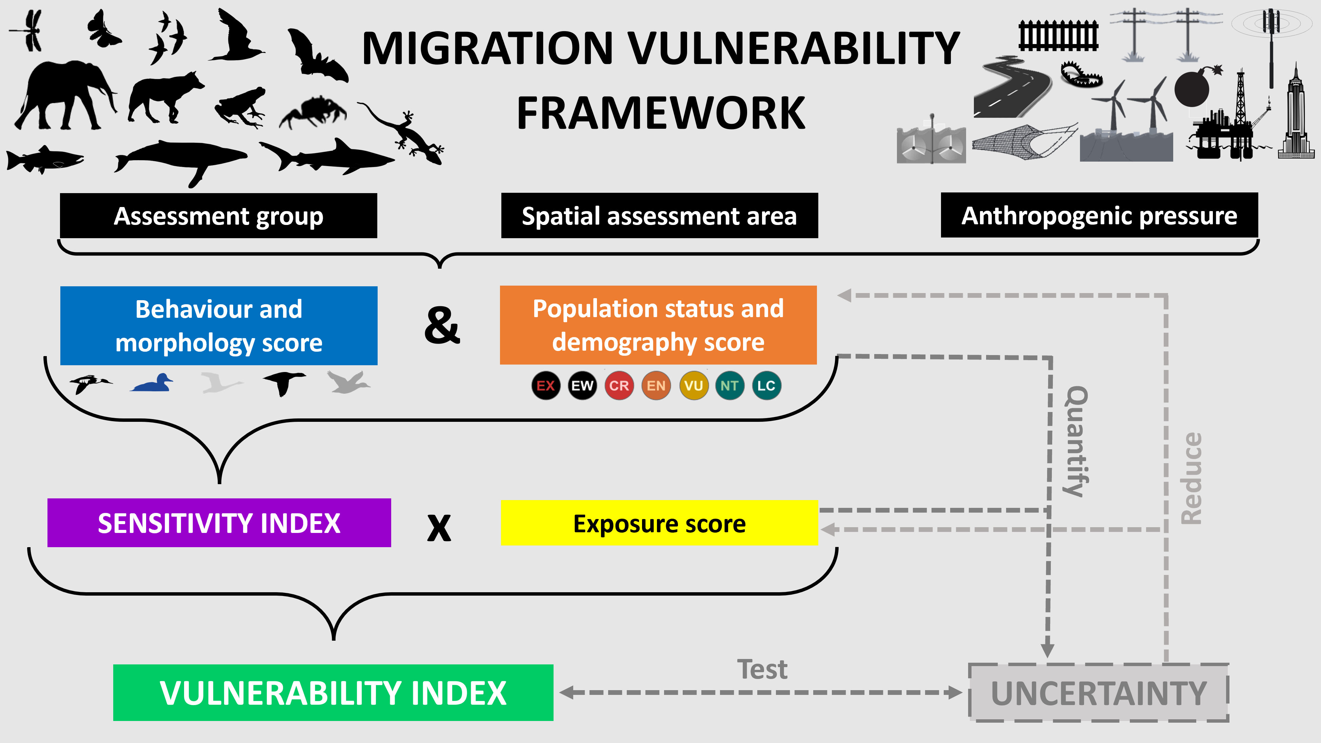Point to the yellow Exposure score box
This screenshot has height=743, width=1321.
(x=659, y=523)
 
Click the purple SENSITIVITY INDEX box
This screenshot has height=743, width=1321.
(x=219, y=523)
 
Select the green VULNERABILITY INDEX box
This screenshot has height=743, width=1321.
(x=333, y=693)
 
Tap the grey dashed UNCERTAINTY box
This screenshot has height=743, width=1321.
(x=1098, y=693)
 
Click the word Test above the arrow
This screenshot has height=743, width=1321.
(x=762, y=669)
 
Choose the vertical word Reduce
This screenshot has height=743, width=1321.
(x=1191, y=478)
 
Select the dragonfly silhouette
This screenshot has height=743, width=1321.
(x=28, y=31)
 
